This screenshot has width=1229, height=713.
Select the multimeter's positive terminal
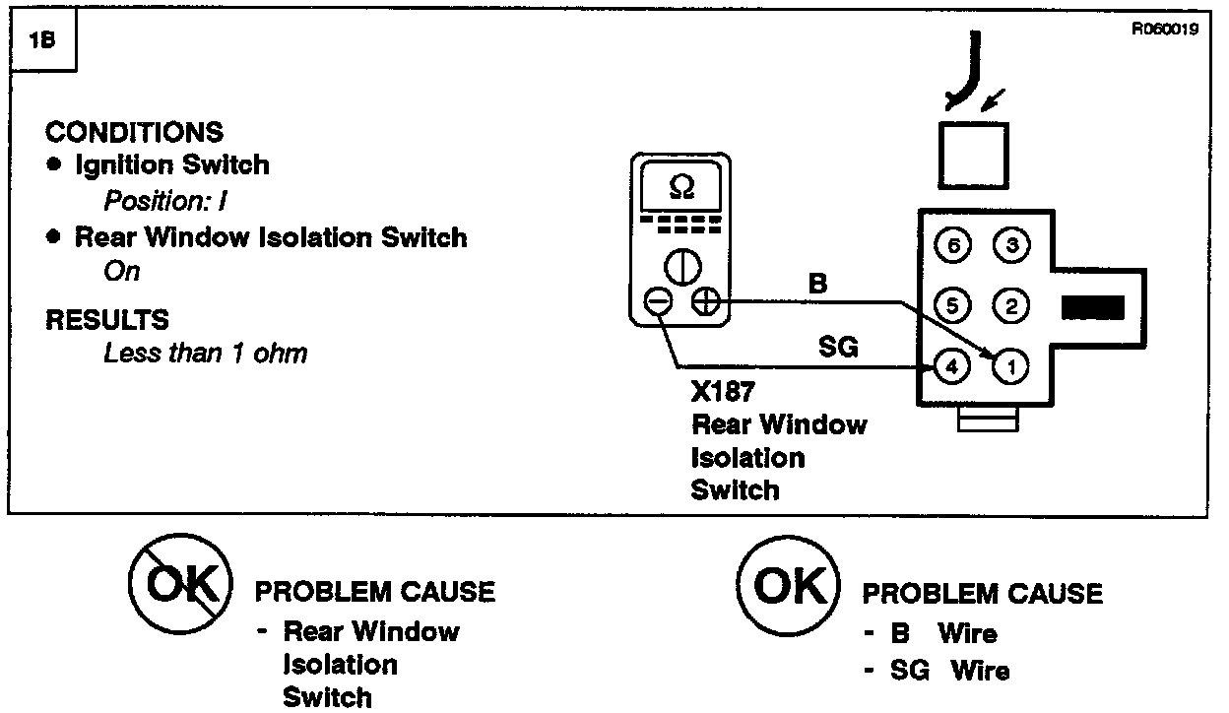[705, 303]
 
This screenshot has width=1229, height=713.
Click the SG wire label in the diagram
[838, 346]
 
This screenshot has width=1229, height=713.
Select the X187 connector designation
[724, 392]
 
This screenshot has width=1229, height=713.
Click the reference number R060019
[1165, 30]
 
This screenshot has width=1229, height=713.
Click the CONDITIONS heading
[135, 132]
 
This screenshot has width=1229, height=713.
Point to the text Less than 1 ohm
[205, 353]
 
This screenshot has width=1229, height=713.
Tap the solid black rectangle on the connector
[1093, 307]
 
